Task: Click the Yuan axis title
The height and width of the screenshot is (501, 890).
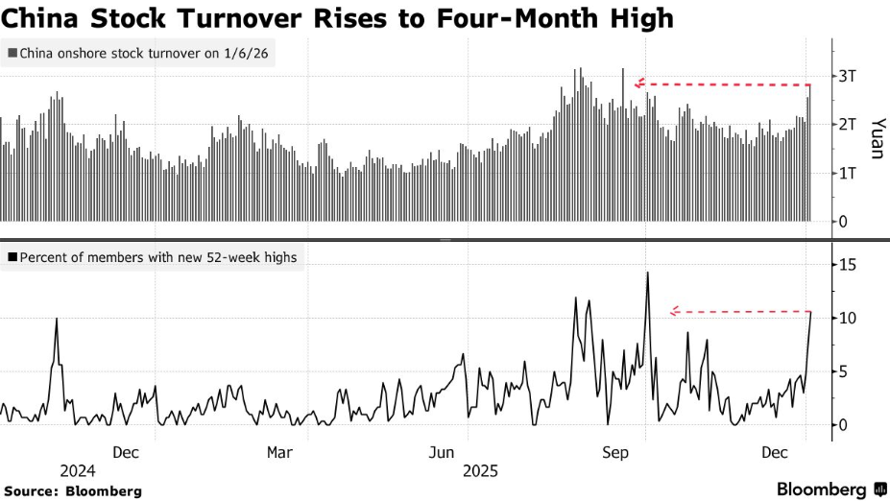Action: tap(877, 138)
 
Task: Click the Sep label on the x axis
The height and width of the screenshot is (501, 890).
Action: tap(614, 451)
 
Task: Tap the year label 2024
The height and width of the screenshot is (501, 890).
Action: tap(78, 471)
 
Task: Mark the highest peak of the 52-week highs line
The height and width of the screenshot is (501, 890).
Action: tap(648, 273)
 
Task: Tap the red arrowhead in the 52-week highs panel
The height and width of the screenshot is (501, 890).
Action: tap(674, 311)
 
